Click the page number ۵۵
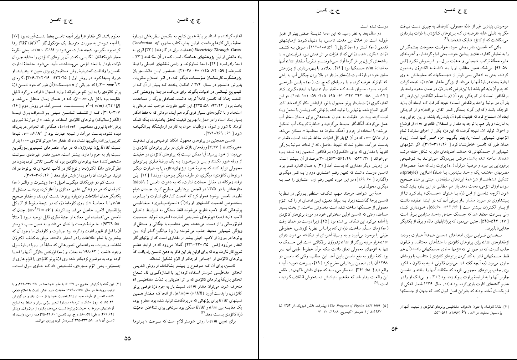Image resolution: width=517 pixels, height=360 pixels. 127,339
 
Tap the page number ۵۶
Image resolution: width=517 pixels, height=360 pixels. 391,329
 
